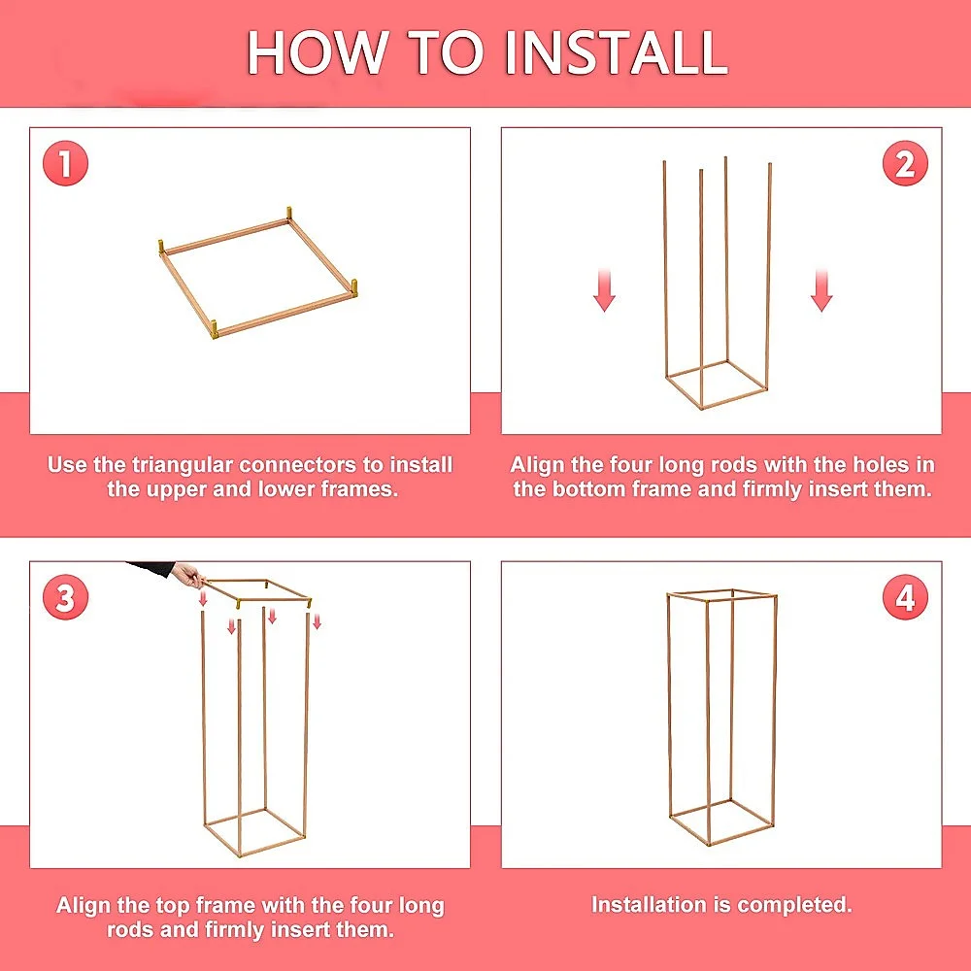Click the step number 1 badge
coord(66,163)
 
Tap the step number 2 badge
coord(905,163)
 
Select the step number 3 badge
coord(66,597)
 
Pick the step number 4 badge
coord(905,597)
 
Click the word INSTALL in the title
coord(617,52)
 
